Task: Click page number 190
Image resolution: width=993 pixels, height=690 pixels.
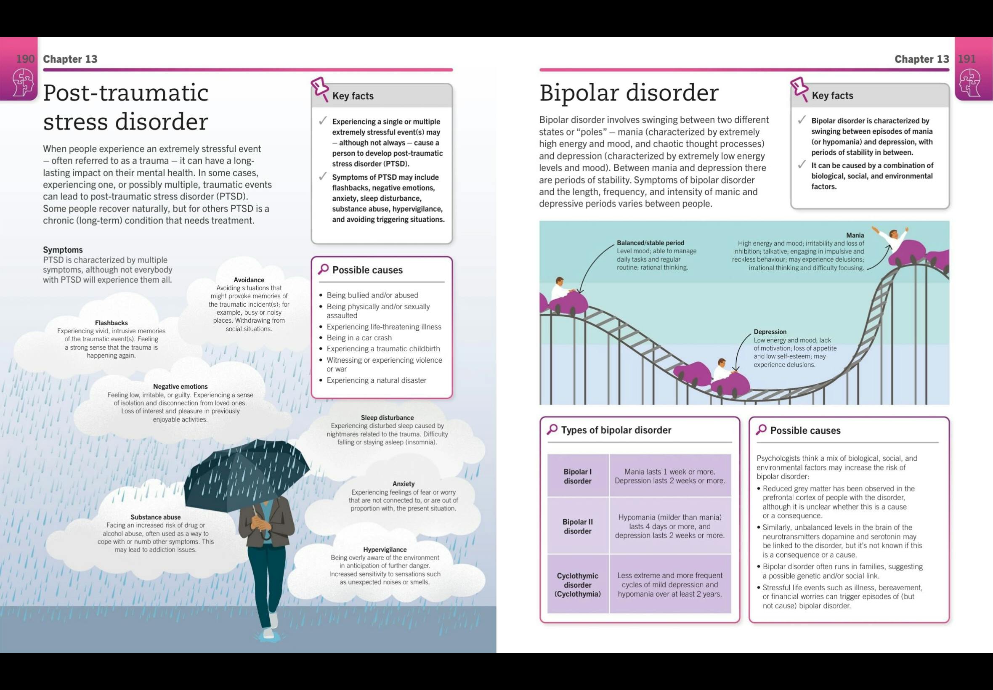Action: [x=25, y=59]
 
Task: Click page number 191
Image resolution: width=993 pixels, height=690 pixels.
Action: [x=966, y=59]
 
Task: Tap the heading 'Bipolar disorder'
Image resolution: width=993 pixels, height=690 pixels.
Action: [x=629, y=93]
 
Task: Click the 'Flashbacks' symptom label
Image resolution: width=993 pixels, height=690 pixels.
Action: [x=111, y=323]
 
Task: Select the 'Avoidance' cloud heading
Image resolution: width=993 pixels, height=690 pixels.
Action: [x=249, y=280]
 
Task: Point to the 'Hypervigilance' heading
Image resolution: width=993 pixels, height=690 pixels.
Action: [x=385, y=549]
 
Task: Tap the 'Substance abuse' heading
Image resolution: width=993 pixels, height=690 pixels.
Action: [x=156, y=517]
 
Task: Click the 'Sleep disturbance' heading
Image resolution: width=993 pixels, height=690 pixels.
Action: [x=387, y=418]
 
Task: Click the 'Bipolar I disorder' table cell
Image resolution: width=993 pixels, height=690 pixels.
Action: [x=578, y=476]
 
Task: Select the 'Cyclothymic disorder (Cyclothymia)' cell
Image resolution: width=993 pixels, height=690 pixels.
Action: [x=578, y=584]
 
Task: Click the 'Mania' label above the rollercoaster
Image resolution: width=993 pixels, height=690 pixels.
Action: [x=855, y=235]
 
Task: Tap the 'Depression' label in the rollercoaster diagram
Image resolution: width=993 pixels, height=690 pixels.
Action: [x=770, y=332]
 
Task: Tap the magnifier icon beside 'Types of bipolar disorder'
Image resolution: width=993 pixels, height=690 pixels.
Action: [x=552, y=430]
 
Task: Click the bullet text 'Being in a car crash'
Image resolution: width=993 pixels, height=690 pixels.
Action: [x=359, y=338]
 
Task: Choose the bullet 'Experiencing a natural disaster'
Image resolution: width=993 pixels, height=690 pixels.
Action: [x=376, y=380]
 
